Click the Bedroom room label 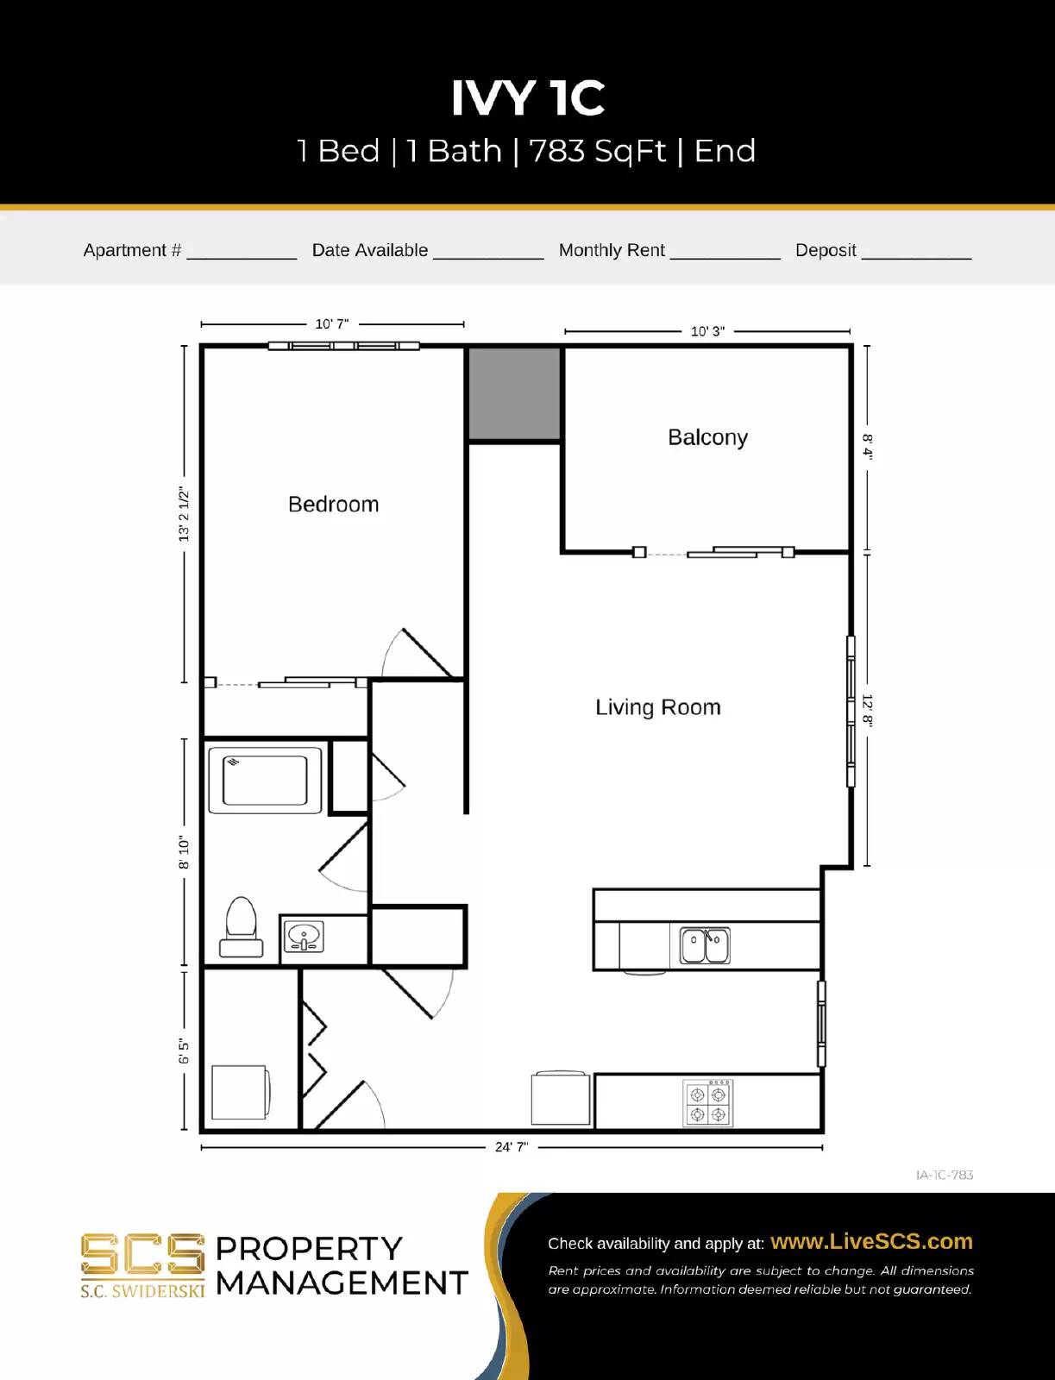click(x=333, y=505)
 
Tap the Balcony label click(x=707, y=437)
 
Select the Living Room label click(x=657, y=707)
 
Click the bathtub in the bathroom click(x=265, y=780)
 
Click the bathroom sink click(x=304, y=937)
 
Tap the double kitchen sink click(x=705, y=945)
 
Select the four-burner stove click(x=708, y=1103)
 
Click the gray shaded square click(x=514, y=393)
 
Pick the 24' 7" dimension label click(x=511, y=1147)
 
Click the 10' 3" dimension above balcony click(x=707, y=331)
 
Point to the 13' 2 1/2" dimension click(x=184, y=515)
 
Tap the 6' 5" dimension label click(x=184, y=1051)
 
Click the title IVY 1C click(x=528, y=97)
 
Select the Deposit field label click(x=826, y=250)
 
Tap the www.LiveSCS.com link click(x=871, y=1241)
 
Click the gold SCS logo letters click(x=142, y=1254)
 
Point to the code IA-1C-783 click(x=944, y=1175)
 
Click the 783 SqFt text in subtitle click(x=597, y=151)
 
